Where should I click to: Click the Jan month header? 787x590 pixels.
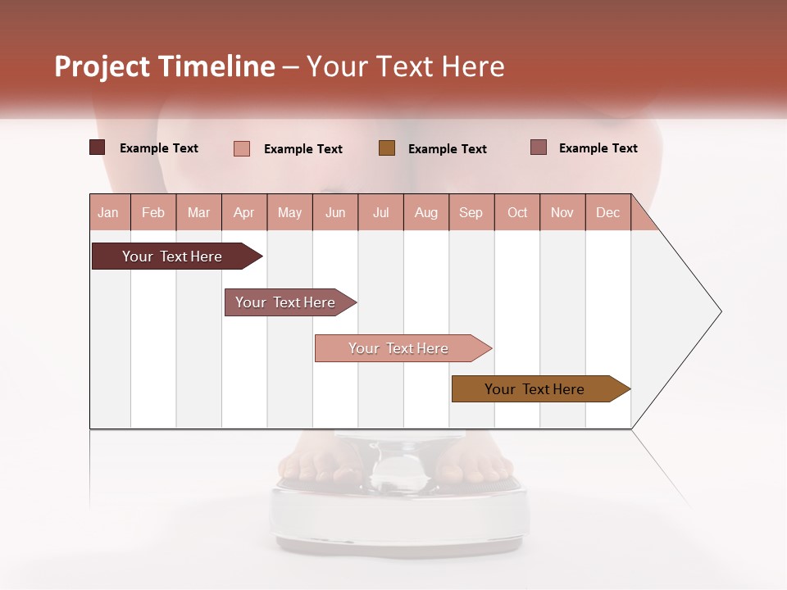tap(108, 212)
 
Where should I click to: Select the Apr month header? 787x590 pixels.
tap(244, 212)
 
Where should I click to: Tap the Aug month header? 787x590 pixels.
tap(425, 212)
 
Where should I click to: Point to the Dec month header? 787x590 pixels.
tap(607, 212)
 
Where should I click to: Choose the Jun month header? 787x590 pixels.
tap(335, 212)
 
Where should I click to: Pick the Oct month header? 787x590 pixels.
tap(517, 212)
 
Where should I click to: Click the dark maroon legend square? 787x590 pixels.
tap(97, 147)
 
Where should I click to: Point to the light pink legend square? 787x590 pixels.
tap(242, 148)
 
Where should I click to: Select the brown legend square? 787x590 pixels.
tap(387, 148)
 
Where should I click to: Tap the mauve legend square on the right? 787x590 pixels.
tap(539, 147)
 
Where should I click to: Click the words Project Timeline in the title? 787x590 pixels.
tap(165, 66)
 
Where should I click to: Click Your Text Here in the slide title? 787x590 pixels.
tap(406, 66)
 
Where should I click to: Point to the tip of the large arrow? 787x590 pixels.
tap(719, 311)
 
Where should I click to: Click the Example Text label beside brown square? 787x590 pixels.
tap(448, 149)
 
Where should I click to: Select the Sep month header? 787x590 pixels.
tap(471, 212)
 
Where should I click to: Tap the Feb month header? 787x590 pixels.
tap(153, 212)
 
